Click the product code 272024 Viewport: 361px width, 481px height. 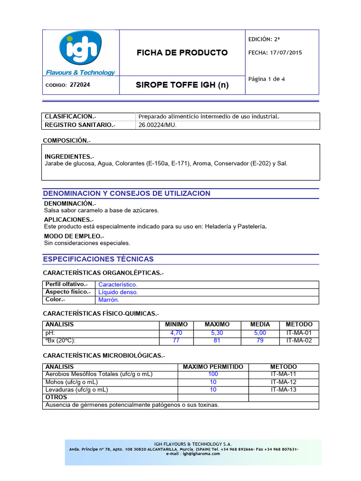point(80,85)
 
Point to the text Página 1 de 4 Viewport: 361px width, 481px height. point(267,79)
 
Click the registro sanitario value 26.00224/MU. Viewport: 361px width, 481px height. point(157,125)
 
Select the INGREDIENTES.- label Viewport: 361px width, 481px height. point(69,156)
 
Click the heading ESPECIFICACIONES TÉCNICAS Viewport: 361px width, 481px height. point(98,259)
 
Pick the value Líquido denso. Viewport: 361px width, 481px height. point(118,292)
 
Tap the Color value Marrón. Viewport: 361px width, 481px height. point(109,300)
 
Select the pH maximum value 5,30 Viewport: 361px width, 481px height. point(217,333)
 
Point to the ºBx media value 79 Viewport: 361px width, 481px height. point(260,341)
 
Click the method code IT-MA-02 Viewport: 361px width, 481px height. point(299,341)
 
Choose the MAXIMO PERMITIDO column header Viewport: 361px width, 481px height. point(213,366)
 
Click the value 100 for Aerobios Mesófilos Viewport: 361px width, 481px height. point(213,374)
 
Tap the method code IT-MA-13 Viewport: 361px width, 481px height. point(283,390)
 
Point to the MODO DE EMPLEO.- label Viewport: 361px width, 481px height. point(74,236)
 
